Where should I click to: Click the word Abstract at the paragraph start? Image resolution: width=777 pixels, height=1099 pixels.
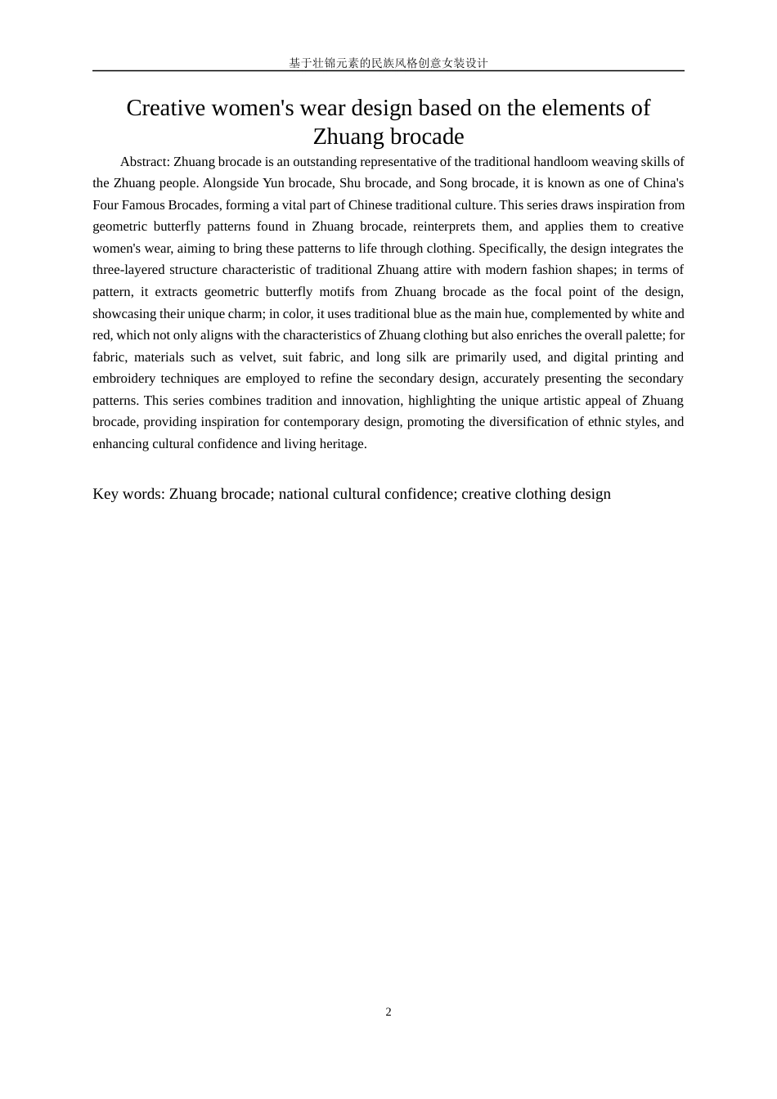coord(145,162)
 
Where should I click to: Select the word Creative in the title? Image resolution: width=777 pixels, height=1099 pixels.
coord(166,108)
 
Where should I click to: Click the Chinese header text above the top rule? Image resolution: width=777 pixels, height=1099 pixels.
coord(388,63)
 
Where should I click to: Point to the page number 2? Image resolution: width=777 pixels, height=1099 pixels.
coord(388,1012)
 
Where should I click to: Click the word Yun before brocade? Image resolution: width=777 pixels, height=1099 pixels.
coord(273,183)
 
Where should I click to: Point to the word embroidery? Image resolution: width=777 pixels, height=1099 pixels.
coord(124,379)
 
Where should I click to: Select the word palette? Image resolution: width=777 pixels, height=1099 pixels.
coord(642,335)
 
